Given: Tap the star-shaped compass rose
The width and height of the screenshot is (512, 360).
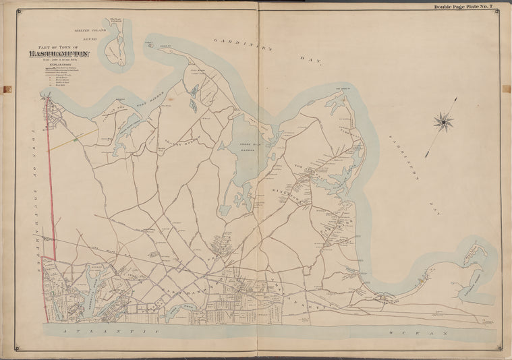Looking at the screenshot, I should (x=444, y=122).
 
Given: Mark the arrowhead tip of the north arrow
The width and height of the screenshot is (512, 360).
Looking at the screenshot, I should (x=457, y=98).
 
